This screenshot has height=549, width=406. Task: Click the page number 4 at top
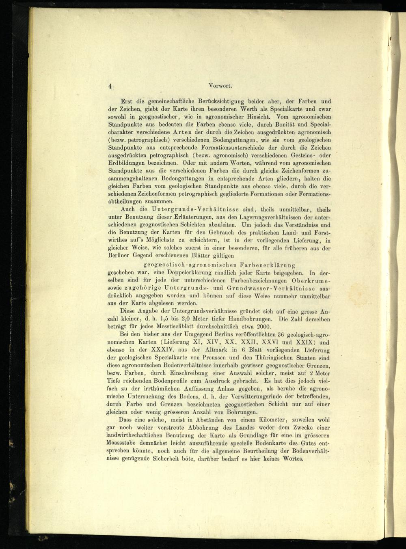tap(110, 86)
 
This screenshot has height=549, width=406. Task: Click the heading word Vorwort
tap(220, 86)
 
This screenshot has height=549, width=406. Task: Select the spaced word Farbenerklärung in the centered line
tap(264, 265)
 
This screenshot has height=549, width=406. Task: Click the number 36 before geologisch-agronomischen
tap(279, 335)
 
